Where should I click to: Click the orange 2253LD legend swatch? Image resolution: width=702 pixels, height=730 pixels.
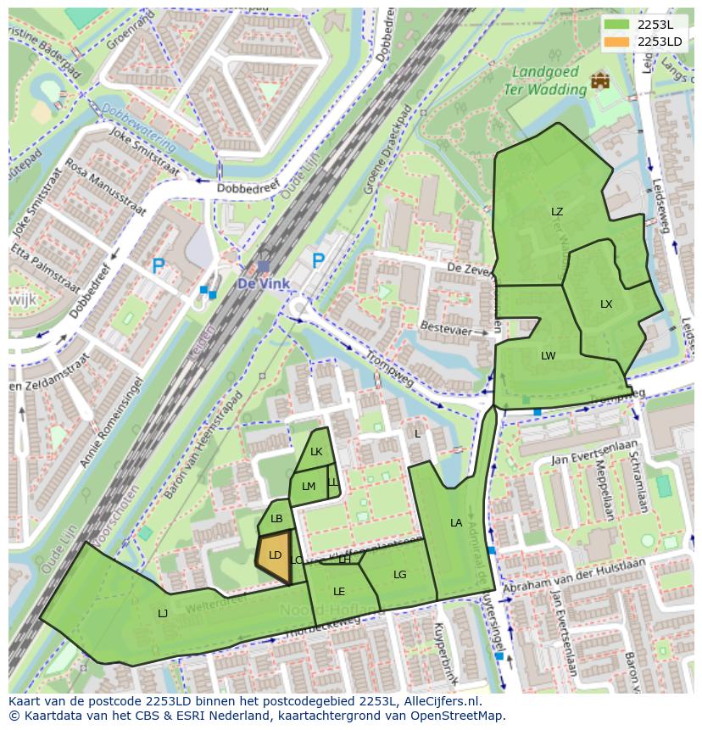point(617,42)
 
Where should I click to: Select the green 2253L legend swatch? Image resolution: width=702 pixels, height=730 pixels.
point(617,25)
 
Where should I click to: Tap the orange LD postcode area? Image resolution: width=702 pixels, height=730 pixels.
point(274,556)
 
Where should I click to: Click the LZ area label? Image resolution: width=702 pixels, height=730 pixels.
point(557,212)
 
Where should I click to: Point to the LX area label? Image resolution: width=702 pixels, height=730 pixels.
point(606,304)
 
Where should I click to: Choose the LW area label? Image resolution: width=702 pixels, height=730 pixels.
point(549,356)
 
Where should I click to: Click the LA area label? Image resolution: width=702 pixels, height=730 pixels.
point(456,523)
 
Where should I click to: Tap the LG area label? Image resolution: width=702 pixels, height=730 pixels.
point(400,575)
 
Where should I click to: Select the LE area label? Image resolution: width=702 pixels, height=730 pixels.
point(339,592)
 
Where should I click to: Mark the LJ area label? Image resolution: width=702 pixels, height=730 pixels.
point(163,613)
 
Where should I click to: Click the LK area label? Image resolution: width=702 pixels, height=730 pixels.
point(316,452)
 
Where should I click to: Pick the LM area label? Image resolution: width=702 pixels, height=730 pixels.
point(309,486)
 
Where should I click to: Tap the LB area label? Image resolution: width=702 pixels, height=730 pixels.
point(276,519)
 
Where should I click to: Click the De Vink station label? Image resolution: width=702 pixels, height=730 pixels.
point(264,284)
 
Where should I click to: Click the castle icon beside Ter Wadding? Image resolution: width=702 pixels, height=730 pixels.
point(600,81)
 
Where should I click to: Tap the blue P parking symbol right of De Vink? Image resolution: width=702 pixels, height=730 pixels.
point(318,261)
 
